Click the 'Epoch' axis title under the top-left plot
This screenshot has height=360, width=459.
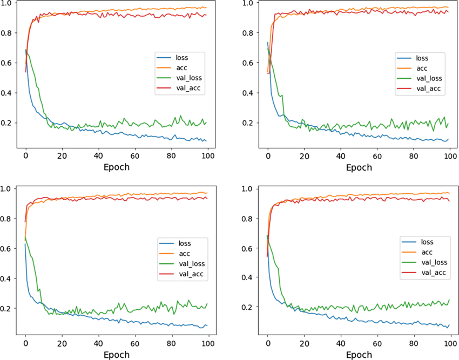pos(117,167)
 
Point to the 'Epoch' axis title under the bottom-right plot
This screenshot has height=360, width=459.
pos(359,354)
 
